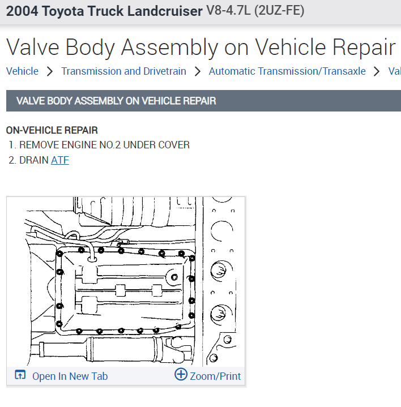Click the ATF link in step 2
point(59,160)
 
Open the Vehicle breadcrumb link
point(22,71)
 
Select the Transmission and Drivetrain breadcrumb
point(123,71)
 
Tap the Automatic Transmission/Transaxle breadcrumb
point(287,71)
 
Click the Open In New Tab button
point(70,376)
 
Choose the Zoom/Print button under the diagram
point(215,376)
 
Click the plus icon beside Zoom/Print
point(181,375)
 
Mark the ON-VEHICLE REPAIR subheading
point(52,130)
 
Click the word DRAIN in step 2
point(33,160)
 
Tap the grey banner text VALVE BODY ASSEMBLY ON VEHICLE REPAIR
point(116,101)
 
